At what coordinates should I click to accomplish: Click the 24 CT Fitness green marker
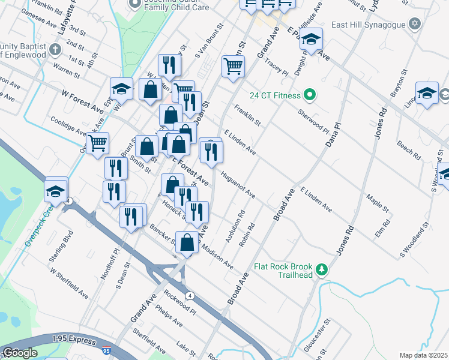(310, 95)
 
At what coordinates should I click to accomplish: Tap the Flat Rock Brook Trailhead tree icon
(322, 270)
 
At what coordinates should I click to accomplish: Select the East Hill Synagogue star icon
(414, 24)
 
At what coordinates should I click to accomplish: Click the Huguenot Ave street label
(238, 187)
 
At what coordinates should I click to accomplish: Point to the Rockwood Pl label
(179, 303)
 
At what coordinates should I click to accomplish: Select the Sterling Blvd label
(61, 245)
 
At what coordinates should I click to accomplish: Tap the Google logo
(20, 353)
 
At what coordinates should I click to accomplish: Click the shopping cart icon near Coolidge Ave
(97, 143)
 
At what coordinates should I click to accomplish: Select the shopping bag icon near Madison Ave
(187, 242)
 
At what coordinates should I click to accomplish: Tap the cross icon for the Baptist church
(55, 49)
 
